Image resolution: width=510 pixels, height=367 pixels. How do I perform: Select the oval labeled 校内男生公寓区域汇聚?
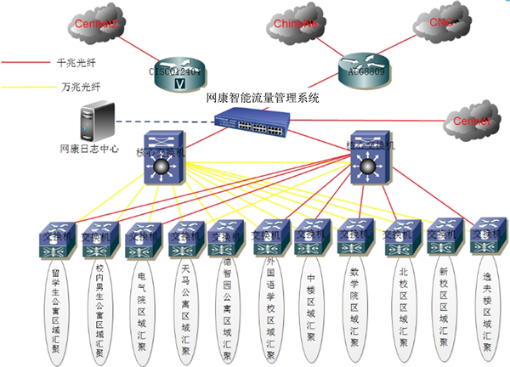point(100,310)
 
